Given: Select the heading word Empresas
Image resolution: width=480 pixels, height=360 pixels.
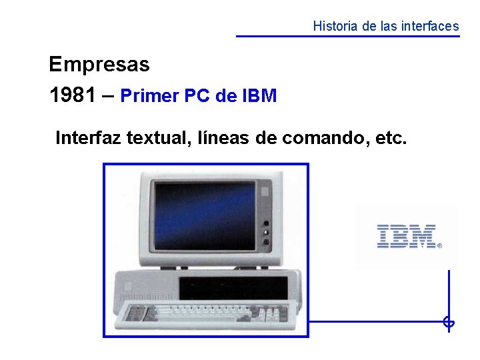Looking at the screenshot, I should [99, 65].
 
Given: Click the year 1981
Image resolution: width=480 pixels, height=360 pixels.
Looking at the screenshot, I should [72, 95].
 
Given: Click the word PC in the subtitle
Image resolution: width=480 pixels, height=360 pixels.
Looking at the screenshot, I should [197, 96].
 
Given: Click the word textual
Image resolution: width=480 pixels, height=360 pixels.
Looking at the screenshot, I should [159, 138].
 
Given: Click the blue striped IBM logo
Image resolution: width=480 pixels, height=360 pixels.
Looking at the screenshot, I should [406, 236].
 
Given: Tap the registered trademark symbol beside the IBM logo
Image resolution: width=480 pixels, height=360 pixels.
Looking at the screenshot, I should [439, 245].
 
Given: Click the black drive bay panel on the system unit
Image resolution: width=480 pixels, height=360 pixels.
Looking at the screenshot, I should [233, 288].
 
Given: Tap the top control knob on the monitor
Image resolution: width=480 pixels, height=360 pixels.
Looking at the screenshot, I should [267, 223].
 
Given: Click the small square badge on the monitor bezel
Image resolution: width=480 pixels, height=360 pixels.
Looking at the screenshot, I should [265, 191].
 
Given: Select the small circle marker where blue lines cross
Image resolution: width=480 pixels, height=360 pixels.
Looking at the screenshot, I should [449, 323].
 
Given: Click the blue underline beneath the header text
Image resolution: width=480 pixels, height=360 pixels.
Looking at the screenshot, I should [348, 36].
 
